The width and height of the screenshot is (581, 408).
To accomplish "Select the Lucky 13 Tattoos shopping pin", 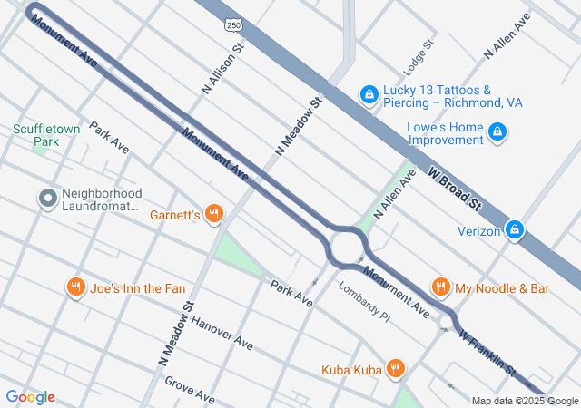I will (x=369, y=95).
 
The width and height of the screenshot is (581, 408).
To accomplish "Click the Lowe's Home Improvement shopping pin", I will (x=497, y=133).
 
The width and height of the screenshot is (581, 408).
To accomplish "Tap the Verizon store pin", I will (x=515, y=230).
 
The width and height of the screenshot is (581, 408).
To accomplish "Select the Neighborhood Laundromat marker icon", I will (x=47, y=199).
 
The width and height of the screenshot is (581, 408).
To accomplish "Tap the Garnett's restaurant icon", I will (x=214, y=214).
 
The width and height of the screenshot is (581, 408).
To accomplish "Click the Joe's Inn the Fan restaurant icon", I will (x=75, y=288).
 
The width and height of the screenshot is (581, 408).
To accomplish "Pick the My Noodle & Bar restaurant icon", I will (x=440, y=287).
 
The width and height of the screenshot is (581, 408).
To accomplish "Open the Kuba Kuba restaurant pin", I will (x=395, y=369).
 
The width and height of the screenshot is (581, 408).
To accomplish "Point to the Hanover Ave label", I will (x=222, y=334).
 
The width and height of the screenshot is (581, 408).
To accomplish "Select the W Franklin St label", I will (x=487, y=353).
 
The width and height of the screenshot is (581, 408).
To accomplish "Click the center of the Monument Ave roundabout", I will (x=347, y=247).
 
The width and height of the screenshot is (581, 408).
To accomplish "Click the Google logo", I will (x=30, y=397).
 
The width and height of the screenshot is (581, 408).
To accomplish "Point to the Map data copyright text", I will (x=524, y=401).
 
